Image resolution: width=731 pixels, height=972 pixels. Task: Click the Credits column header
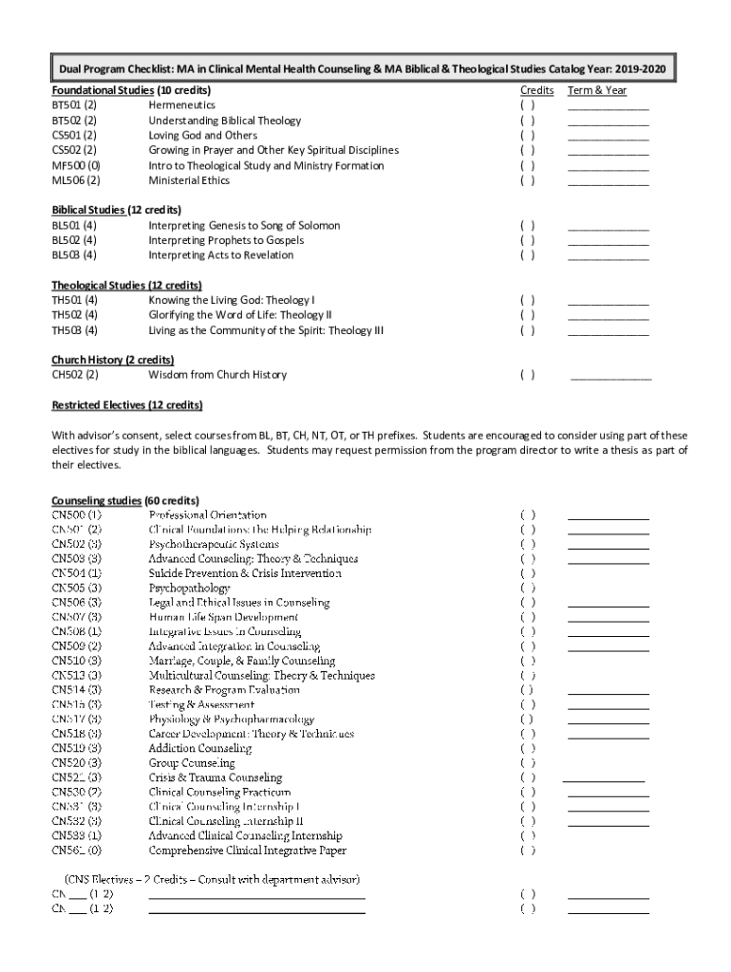(536, 91)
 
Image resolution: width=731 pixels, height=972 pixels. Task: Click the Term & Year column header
(596, 91)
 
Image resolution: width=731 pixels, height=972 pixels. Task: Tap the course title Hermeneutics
(181, 105)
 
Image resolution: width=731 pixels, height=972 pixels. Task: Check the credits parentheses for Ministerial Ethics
(527, 180)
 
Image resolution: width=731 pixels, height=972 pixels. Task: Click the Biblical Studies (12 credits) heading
(116, 210)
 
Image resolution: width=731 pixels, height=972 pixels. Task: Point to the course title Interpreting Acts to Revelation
(220, 254)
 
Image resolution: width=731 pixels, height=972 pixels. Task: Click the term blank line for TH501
(608, 302)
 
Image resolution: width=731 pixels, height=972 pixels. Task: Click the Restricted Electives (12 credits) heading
(126, 405)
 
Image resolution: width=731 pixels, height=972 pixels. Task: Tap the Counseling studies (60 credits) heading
(124, 500)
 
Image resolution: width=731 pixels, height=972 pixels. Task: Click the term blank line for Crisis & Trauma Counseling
(603, 778)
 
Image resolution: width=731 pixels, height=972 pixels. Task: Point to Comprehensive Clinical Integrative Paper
(247, 850)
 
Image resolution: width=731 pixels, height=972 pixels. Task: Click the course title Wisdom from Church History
(217, 375)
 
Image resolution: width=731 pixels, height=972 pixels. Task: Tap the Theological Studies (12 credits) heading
(126, 285)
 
